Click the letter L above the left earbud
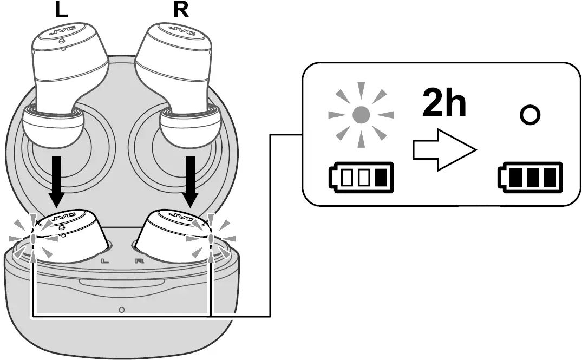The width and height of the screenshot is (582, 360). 61,10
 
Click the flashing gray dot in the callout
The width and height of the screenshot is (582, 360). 362,114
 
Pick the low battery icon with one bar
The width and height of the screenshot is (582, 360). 361,178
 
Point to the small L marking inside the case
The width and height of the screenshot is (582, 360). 104,260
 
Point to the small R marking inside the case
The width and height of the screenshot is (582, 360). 139,260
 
